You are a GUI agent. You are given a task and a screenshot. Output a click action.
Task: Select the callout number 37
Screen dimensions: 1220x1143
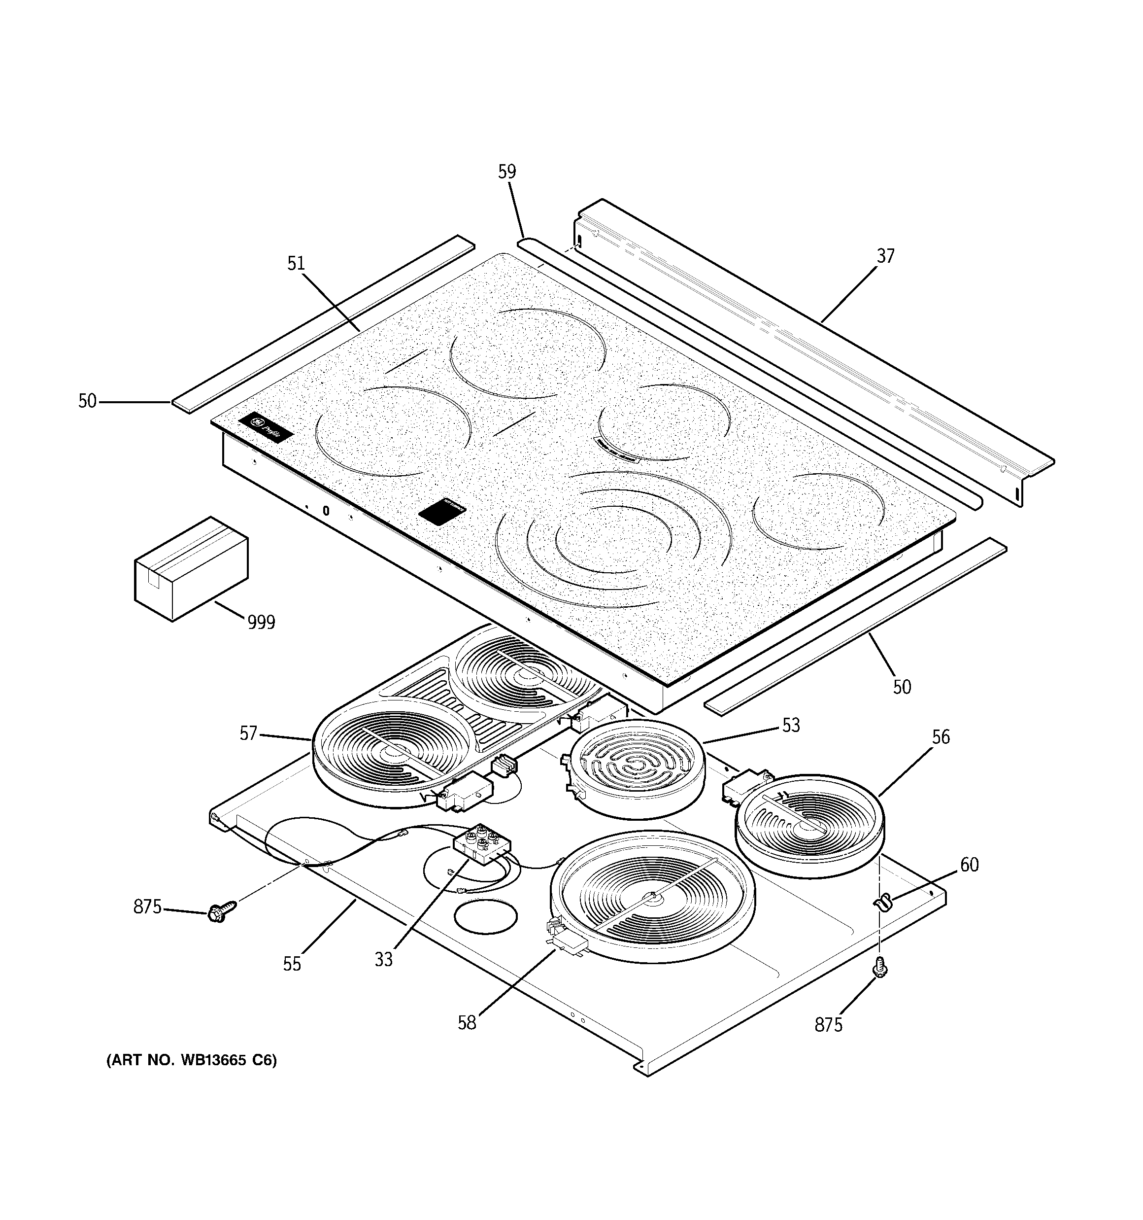tap(885, 256)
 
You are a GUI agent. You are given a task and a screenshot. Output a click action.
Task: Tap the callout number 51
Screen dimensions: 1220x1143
tap(296, 263)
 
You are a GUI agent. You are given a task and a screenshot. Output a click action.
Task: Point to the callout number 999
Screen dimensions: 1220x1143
tap(261, 623)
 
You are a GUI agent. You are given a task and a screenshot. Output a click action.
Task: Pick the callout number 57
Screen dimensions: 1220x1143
tap(248, 733)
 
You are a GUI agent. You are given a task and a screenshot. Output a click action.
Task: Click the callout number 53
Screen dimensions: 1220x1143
tap(791, 726)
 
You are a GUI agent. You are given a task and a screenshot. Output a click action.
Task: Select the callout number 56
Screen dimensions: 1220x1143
tap(941, 737)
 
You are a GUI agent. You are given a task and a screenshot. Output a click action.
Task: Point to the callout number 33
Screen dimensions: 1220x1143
tap(383, 959)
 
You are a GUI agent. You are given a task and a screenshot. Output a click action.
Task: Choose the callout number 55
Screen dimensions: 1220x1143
tap(292, 964)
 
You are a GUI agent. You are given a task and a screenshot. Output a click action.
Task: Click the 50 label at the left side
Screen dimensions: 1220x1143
tap(87, 401)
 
